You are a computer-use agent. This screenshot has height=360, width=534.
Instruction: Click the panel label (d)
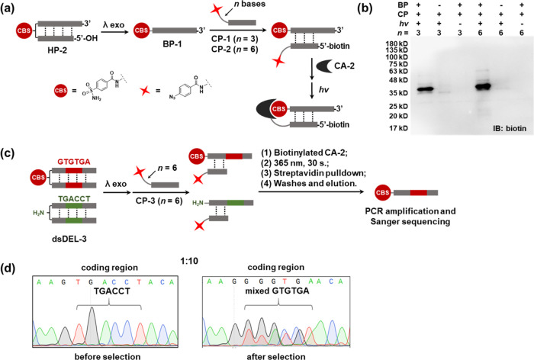11,248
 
